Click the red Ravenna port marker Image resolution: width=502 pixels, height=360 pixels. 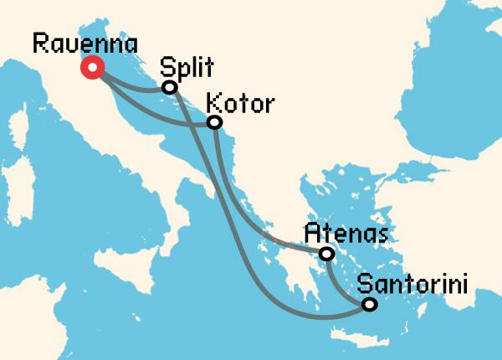tap(91, 68)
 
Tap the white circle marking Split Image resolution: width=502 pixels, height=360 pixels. tap(170, 87)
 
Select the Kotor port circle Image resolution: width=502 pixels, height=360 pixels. tap(214, 122)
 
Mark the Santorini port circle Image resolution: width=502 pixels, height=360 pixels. tap(369, 306)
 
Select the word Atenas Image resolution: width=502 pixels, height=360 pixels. tap(338, 232)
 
